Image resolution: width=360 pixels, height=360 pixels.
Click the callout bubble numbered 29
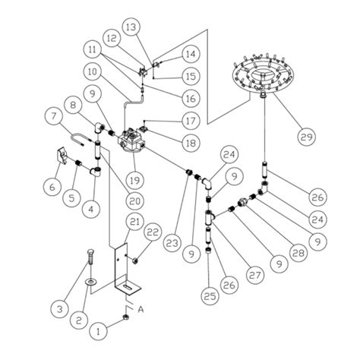coord(307,137)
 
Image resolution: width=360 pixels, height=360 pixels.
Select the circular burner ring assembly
coord(264,74)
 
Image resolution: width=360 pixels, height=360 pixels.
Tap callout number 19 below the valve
coord(134,180)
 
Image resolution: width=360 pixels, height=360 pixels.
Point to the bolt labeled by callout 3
coord(91,257)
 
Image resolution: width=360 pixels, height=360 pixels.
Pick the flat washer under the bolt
coord(90,282)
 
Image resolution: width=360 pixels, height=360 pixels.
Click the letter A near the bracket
coord(141,309)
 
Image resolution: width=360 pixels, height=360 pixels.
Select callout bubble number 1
coord(99,331)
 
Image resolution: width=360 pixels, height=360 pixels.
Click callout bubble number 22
coord(153,232)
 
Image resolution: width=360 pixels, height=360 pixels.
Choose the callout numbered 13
coord(131,27)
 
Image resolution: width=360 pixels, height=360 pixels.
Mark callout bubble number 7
coord(53,116)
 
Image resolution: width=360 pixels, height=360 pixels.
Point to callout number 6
coord(52,187)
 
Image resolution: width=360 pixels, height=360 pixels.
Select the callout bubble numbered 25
coord(210,295)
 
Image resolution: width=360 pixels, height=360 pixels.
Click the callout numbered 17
coord(191,121)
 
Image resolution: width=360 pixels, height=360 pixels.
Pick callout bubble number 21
coord(134,222)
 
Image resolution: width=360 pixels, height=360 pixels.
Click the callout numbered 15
coord(191,76)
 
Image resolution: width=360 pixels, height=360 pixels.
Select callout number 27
coord(255,275)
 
